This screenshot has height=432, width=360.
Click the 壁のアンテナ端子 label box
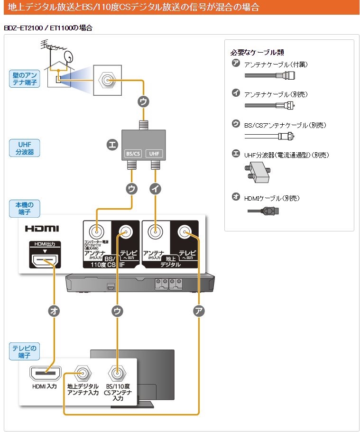[x=24, y=79]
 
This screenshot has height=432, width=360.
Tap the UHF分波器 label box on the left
[x=24, y=148]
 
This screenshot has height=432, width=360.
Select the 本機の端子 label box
[x=24, y=209]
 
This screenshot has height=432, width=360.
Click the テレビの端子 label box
[x=24, y=351]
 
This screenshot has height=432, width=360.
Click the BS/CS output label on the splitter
[x=132, y=154]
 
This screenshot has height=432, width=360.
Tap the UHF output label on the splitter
[x=155, y=154]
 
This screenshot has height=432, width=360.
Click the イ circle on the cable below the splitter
[x=155, y=188]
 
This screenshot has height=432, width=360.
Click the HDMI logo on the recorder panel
[x=42, y=229]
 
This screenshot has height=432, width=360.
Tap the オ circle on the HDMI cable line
[x=55, y=311]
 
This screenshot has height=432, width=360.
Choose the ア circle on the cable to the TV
[x=199, y=311]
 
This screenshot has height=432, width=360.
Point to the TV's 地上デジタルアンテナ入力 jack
[x=83, y=373]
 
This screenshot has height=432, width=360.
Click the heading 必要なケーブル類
[x=257, y=52]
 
